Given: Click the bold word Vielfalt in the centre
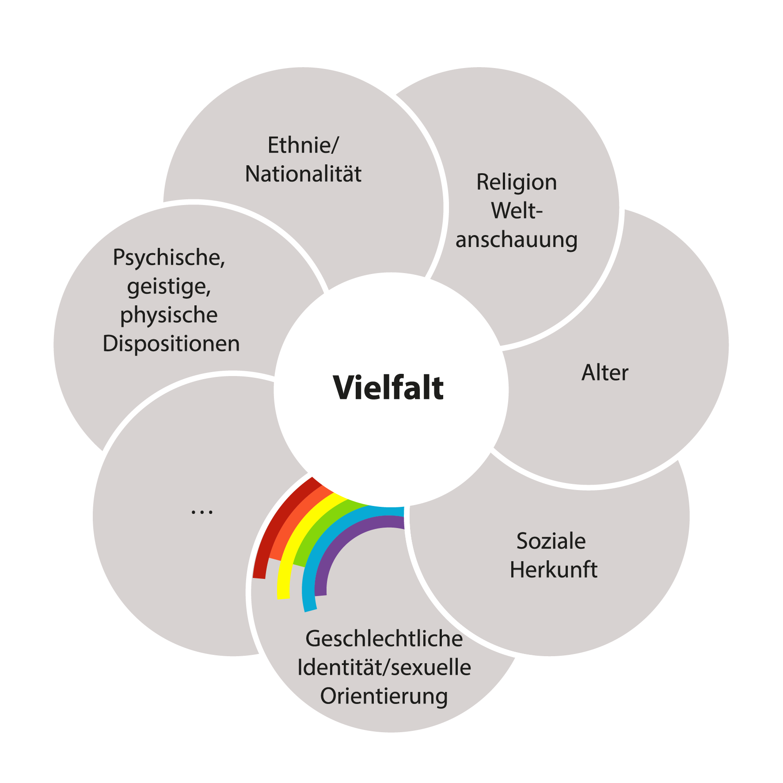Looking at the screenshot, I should (388, 388).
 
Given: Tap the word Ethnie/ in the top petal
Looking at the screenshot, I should (303, 145).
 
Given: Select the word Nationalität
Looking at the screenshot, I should (303, 174).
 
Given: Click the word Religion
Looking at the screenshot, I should (516, 182).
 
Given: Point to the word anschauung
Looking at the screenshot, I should (516, 240).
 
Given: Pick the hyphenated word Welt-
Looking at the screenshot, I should (516, 210).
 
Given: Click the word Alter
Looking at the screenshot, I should (604, 372).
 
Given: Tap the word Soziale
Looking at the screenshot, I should (551, 541).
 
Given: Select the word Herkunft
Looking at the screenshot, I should (553, 570).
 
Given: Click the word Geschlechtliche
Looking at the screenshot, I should (384, 639).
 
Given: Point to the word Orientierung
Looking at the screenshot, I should (384, 696).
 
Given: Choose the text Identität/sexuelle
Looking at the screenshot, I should (384, 667).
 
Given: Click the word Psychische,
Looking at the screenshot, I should (169, 258).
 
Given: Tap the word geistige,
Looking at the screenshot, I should (169, 286).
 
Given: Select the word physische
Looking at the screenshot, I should (169, 315).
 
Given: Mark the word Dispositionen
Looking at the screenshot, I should (171, 344).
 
